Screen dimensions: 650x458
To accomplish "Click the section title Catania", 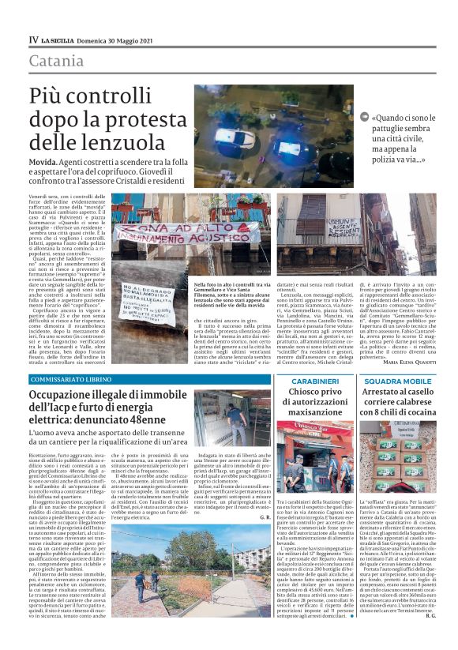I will (x=55, y=62).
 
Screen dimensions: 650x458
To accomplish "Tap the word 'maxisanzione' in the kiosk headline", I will (x=314, y=411).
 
